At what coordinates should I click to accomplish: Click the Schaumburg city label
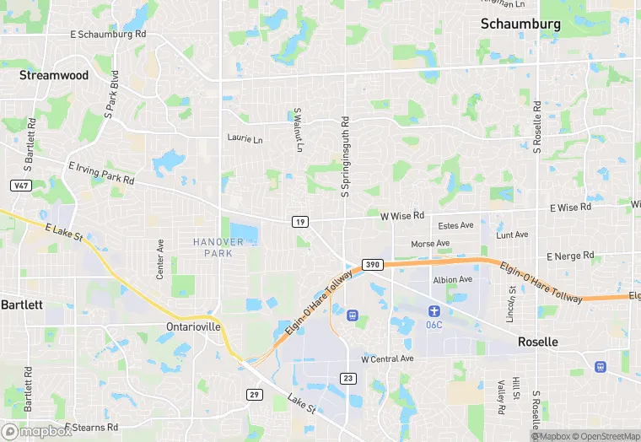520,24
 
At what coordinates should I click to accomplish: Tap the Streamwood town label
54,75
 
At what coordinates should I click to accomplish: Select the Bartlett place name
15,304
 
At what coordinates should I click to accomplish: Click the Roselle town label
537,342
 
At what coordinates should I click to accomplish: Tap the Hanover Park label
218,247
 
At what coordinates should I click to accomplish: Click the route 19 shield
299,221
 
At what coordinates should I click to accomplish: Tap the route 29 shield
254,394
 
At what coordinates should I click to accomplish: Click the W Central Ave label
387,358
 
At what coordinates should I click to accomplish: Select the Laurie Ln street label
245,137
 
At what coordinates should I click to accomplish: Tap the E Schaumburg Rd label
108,34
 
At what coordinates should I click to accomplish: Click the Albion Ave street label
452,279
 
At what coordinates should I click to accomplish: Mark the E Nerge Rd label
570,256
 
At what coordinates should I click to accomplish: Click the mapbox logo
36,431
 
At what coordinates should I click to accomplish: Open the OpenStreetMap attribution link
608,436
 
